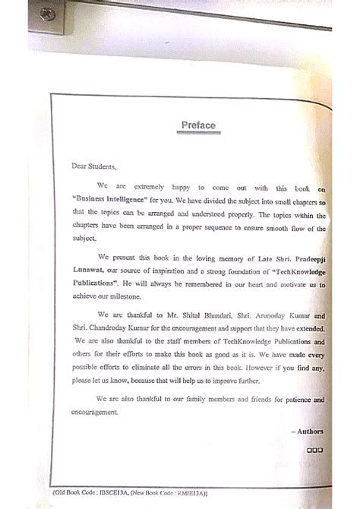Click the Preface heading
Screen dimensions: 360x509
[198, 126]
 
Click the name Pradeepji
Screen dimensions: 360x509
[302, 258]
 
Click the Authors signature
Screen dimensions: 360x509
[308, 432]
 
